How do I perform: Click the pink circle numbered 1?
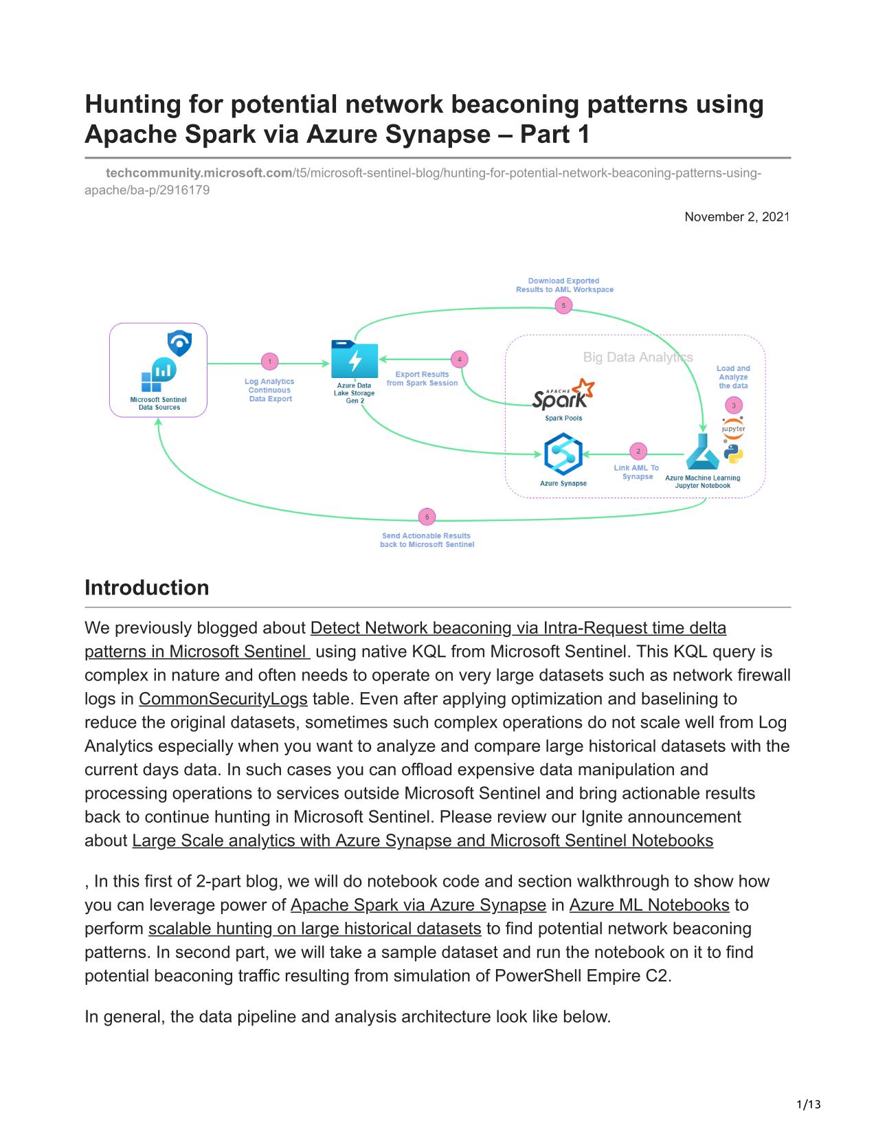point(270,361)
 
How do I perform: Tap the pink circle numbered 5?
point(563,305)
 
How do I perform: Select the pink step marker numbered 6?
point(427,517)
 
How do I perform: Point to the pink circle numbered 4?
point(459,359)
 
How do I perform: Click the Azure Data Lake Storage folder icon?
point(355,359)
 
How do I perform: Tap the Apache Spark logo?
point(563,394)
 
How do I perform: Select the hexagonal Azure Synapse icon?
point(563,454)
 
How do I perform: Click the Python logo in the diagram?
point(734,454)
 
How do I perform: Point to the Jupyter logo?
point(733,428)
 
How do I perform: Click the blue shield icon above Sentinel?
point(179,344)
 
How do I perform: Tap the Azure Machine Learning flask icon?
point(702,452)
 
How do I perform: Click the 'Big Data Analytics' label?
point(638,357)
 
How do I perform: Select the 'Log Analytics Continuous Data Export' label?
point(270,390)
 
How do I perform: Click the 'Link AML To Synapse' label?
point(636,471)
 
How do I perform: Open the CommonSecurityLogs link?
point(223,698)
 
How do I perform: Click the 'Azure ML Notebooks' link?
point(649,904)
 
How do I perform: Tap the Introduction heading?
point(146,588)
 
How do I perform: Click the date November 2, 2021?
point(737,216)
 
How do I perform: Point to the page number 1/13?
point(808,1104)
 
